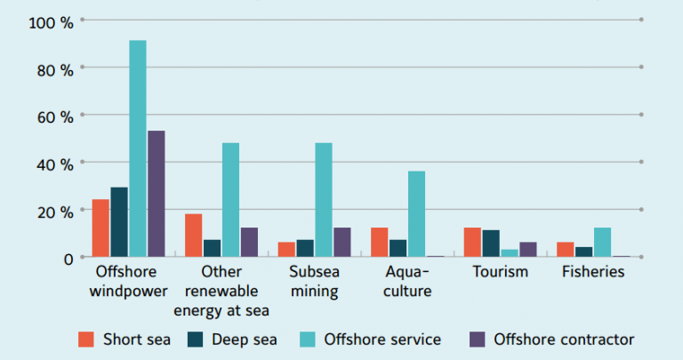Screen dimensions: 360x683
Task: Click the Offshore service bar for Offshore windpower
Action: [x=138, y=148]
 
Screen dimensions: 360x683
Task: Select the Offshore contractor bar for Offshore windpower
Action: [x=156, y=194]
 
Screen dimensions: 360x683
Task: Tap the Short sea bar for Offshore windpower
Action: [x=100, y=228]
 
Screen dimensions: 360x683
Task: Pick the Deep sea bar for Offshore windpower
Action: [x=119, y=221]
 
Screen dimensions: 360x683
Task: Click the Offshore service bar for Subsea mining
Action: [x=324, y=199]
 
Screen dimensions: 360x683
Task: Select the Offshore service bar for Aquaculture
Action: [x=416, y=213]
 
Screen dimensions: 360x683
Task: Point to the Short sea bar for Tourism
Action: [x=472, y=242]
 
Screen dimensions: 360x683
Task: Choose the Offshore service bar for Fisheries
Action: [x=602, y=242]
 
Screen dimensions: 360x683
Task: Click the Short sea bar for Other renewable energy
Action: [x=193, y=235]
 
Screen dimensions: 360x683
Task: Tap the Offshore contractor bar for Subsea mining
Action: [x=342, y=242]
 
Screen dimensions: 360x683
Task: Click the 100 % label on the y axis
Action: [x=51, y=20]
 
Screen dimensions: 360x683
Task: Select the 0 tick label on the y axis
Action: [x=67, y=258]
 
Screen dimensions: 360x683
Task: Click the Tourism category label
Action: [x=500, y=272]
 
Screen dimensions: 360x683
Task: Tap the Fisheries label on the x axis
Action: [x=593, y=272]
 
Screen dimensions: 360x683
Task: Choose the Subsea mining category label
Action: [x=315, y=281]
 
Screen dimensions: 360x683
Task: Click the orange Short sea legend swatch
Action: [x=86, y=339]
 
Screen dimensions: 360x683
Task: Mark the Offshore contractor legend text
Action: [x=564, y=339]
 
